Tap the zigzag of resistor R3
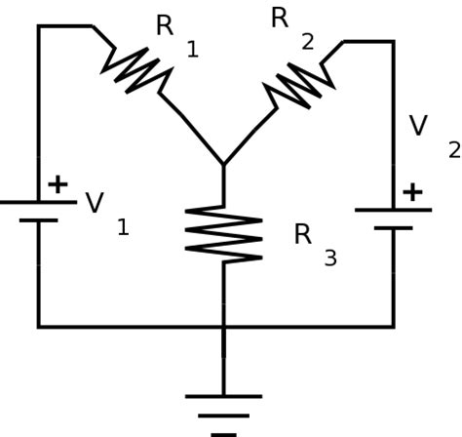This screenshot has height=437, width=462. click(x=223, y=234)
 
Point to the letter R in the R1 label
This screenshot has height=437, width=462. click(x=165, y=26)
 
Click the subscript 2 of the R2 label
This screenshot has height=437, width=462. click(x=308, y=42)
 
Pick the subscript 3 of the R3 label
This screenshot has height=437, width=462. click(x=330, y=258)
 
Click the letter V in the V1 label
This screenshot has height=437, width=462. click(x=95, y=204)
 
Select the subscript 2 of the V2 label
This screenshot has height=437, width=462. click(x=453, y=149)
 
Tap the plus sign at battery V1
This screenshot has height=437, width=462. click(x=58, y=183)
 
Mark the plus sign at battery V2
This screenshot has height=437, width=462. click(x=412, y=191)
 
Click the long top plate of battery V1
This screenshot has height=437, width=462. click(x=38, y=202)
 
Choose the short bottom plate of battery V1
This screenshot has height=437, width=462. click(x=38, y=220)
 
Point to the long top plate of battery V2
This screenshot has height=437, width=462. click(x=393, y=210)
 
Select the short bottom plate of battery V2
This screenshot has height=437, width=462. click(x=393, y=228)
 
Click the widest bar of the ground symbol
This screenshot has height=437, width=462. click(x=223, y=396)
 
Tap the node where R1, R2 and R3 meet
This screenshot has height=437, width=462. click(x=223, y=165)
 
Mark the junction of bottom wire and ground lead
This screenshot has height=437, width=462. click(x=223, y=326)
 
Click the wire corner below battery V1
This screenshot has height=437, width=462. click(x=39, y=326)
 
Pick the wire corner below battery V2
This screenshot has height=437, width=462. click(x=393, y=326)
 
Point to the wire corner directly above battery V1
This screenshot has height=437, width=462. click(x=39, y=26)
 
